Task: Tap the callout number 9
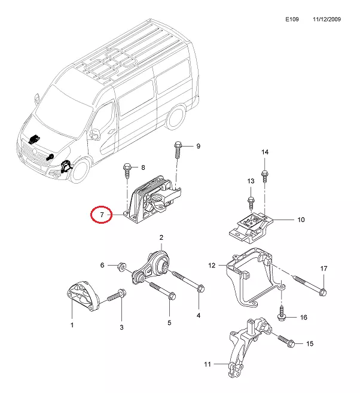[198, 146]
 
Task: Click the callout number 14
[265, 153]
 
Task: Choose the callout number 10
[301, 220]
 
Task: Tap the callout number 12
[211, 265]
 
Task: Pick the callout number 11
[208, 364]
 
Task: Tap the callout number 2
[161, 237]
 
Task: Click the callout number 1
[72, 325]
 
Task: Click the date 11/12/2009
[327, 19]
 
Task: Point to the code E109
[292, 19]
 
